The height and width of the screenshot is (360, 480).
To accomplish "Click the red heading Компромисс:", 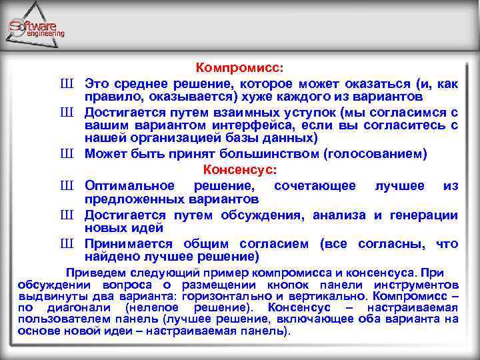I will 239,68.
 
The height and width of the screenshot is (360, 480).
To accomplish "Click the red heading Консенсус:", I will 239,169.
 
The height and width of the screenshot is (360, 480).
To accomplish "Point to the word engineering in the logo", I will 46,34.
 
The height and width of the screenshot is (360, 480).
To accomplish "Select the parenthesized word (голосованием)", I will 375,154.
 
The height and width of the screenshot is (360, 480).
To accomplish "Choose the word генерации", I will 425,215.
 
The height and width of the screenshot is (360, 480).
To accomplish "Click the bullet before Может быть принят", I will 65,154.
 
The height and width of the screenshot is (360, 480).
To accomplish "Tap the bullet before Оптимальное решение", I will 65,186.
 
